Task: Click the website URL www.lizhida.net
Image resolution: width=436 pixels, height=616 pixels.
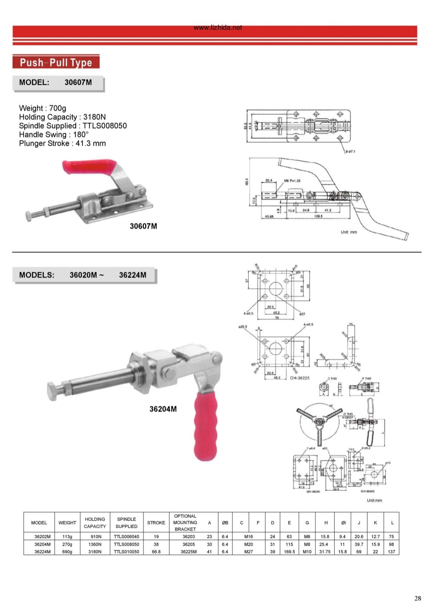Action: tap(218, 28)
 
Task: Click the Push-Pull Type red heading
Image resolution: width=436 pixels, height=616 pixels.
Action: tap(56, 63)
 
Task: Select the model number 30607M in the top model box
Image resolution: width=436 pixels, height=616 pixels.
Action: tap(78, 83)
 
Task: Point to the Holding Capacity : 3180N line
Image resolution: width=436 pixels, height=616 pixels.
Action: tap(62, 117)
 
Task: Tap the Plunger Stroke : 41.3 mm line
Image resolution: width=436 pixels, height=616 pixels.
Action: tap(62, 143)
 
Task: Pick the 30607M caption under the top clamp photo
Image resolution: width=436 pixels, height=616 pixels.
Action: tap(143, 226)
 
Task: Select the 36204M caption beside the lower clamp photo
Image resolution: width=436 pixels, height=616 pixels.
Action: tap(163, 409)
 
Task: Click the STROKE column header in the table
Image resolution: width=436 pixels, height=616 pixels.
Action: tap(156, 523)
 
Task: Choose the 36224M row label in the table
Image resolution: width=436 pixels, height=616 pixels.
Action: tap(43, 552)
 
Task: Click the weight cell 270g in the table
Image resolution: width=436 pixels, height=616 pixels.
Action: tap(67, 544)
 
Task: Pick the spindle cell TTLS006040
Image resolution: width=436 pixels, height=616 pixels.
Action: tap(126, 537)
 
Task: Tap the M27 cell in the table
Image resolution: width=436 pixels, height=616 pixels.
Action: tap(249, 552)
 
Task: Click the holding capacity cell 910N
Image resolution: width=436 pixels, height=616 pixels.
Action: tap(95, 537)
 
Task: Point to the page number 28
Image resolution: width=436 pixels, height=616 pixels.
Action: tap(417, 599)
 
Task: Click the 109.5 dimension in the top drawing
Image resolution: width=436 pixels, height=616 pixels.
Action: tap(318, 216)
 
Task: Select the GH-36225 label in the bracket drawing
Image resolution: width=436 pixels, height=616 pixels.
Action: tap(300, 378)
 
